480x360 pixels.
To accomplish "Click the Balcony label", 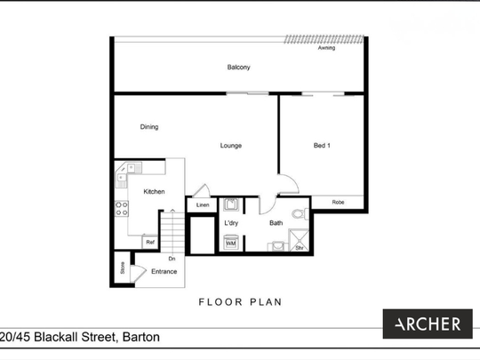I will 238,68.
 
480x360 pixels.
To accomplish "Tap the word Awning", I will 326,49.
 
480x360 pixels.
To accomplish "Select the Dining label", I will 149,127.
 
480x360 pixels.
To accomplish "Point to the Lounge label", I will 231,146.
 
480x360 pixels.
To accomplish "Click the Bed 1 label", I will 322,146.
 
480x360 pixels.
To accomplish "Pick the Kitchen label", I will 154,192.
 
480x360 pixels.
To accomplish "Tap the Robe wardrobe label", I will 338,203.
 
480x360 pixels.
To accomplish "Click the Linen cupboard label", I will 203,205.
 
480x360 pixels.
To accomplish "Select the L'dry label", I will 231,223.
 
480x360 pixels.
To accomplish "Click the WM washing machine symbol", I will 230,242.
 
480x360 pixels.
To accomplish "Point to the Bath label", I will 276,223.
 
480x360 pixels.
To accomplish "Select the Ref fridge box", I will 150,242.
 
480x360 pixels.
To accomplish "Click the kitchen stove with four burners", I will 121,209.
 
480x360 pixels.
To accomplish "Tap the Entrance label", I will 164,271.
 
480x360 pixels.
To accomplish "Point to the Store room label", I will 121,267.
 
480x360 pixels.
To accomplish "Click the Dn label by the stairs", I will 172,259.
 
